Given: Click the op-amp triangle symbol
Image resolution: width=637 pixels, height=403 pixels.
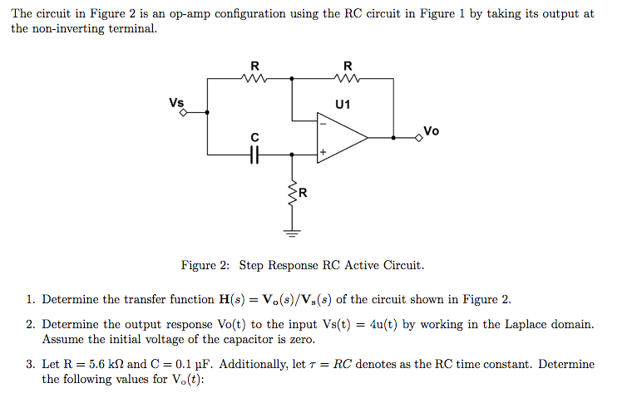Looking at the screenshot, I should click(341, 137).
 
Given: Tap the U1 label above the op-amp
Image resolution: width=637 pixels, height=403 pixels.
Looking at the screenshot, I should click(343, 105).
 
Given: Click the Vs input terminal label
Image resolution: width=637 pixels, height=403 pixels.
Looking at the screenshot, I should click(176, 103).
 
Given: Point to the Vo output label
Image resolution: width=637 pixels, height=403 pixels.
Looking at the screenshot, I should click(431, 130).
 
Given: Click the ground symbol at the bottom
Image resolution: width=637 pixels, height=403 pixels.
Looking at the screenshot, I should click(292, 232).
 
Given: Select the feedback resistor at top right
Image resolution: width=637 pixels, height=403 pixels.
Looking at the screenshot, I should click(347, 79).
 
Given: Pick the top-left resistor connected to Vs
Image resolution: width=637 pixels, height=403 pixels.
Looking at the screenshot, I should click(254, 79).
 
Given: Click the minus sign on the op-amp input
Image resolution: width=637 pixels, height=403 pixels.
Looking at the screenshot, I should click(323, 124).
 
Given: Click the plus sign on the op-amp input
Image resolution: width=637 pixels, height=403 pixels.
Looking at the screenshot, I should click(323, 152).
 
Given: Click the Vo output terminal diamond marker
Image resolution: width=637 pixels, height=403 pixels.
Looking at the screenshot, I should click(420, 137).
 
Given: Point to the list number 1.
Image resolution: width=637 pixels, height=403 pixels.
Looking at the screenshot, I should click(30, 299).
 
